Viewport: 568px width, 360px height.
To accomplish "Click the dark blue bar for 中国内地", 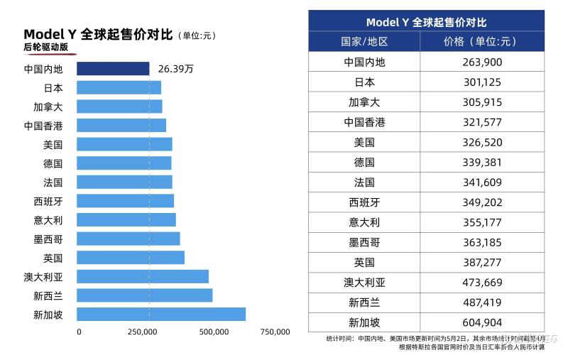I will point(113,69).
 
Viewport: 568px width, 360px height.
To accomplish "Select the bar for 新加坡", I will point(161,314).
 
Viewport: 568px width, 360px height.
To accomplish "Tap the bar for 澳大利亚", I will point(143,276).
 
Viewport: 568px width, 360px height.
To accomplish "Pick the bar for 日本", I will point(119,88).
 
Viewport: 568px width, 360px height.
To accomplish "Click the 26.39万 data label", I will point(176,69).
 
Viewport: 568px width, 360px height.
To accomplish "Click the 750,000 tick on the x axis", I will point(275,332).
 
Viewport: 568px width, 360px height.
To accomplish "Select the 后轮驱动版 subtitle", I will point(46,48).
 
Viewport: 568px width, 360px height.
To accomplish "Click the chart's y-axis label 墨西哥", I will point(48,239).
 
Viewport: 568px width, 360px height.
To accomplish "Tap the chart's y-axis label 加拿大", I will point(48,107).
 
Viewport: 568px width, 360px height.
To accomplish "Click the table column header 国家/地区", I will point(364,42).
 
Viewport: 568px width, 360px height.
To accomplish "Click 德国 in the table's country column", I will point(364,163).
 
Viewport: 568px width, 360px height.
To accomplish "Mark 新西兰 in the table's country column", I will point(364,302).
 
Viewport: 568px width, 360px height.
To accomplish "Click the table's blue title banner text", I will point(426,23).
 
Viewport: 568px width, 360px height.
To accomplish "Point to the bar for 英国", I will point(131,258).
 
